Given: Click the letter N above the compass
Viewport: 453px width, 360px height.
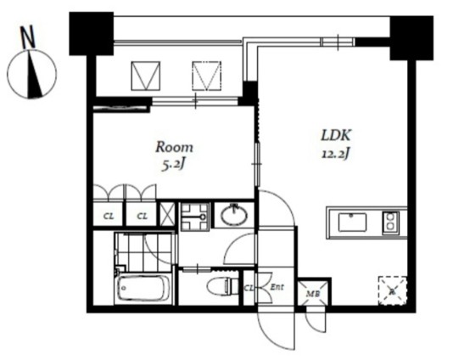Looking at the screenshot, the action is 28,37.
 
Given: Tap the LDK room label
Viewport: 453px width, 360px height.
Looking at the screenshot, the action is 336,135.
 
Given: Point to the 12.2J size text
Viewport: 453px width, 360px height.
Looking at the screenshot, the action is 336,155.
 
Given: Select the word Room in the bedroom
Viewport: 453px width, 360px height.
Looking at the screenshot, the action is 174,147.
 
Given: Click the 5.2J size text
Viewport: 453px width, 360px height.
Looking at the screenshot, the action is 173,165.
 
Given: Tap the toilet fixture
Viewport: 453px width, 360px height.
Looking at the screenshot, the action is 223,286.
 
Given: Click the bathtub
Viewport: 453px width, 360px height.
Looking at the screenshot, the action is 143,288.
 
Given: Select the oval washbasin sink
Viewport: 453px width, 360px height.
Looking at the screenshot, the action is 234,215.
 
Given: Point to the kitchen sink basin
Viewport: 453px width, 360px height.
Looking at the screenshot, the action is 352,222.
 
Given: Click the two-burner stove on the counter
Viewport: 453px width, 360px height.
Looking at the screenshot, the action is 391,222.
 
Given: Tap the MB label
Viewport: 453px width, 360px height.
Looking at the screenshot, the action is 313,294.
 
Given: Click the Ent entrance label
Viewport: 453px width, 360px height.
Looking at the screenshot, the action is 277,287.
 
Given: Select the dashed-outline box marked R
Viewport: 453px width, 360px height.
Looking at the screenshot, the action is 393,291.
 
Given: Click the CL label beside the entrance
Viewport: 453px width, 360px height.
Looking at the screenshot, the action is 249,288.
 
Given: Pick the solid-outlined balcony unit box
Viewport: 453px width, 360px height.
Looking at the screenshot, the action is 146,76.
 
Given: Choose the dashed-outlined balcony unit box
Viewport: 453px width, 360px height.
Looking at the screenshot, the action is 207,76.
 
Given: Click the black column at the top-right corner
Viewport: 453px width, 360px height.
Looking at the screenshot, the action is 411,38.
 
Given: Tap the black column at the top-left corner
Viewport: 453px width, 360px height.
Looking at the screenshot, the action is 92,34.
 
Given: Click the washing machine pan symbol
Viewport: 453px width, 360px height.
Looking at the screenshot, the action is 195,217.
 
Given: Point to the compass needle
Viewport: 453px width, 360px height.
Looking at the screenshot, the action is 34,74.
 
